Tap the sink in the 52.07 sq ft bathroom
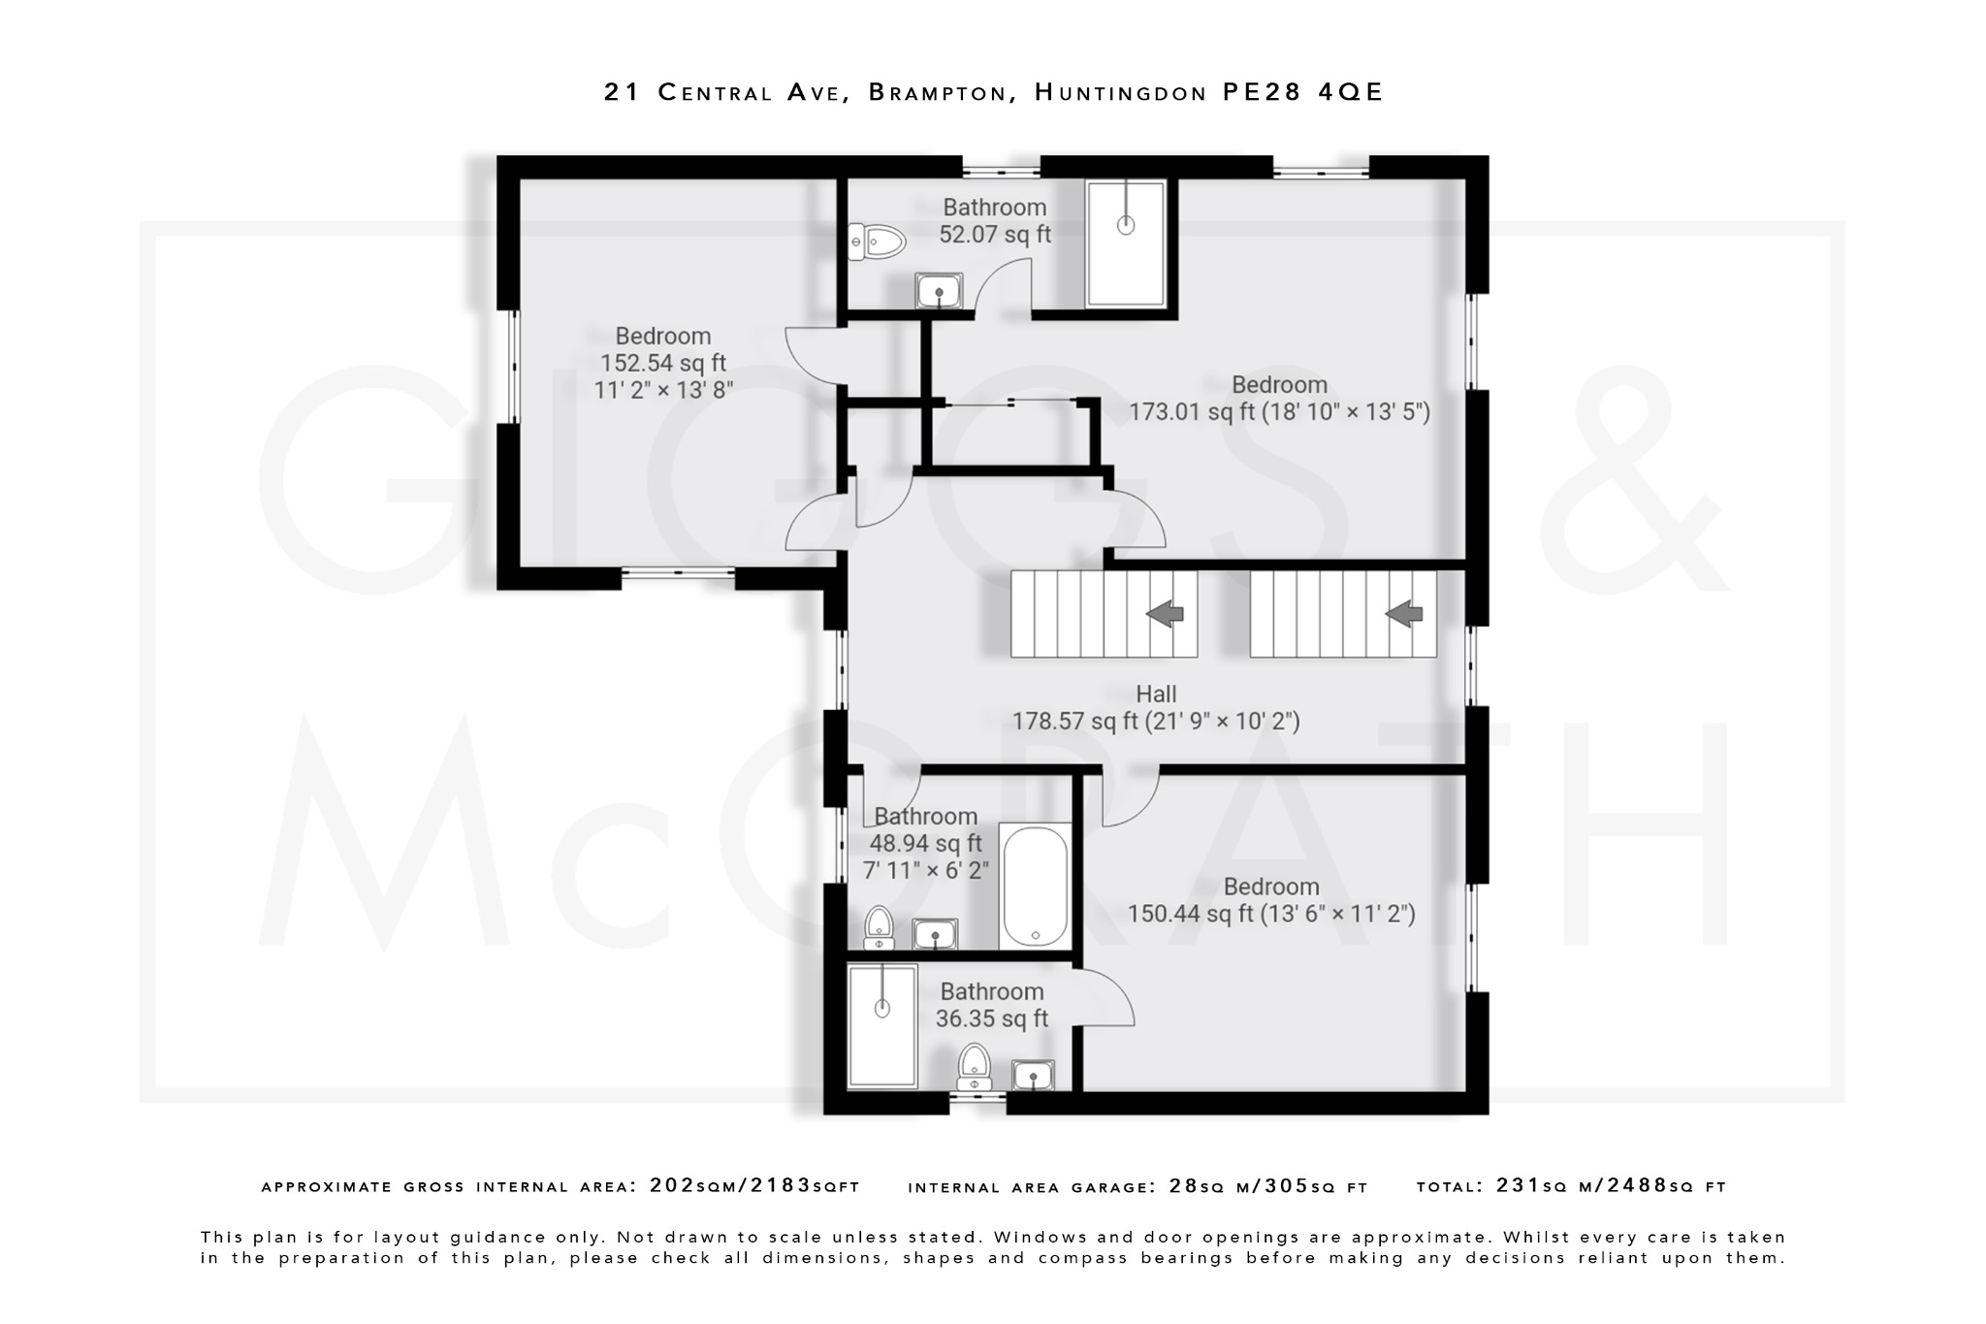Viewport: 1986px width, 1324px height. [938, 290]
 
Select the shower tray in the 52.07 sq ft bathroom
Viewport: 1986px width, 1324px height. [1125, 243]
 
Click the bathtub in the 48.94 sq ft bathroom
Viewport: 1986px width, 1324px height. [1035, 886]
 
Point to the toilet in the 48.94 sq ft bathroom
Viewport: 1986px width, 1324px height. [879, 927]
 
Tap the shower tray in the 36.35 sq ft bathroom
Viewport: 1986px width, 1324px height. [881, 1025]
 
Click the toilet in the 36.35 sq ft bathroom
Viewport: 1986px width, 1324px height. [974, 1067]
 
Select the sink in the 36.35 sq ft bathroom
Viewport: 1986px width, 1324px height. [1033, 1075]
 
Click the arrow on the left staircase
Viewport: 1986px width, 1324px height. [1165, 613]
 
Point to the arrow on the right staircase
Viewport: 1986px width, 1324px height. [1403, 613]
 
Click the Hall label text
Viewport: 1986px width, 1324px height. [1156, 694]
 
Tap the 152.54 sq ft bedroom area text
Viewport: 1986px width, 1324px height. [663, 364]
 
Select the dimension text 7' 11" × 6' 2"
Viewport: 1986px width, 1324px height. [925, 870]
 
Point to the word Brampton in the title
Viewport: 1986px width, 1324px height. [938, 92]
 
